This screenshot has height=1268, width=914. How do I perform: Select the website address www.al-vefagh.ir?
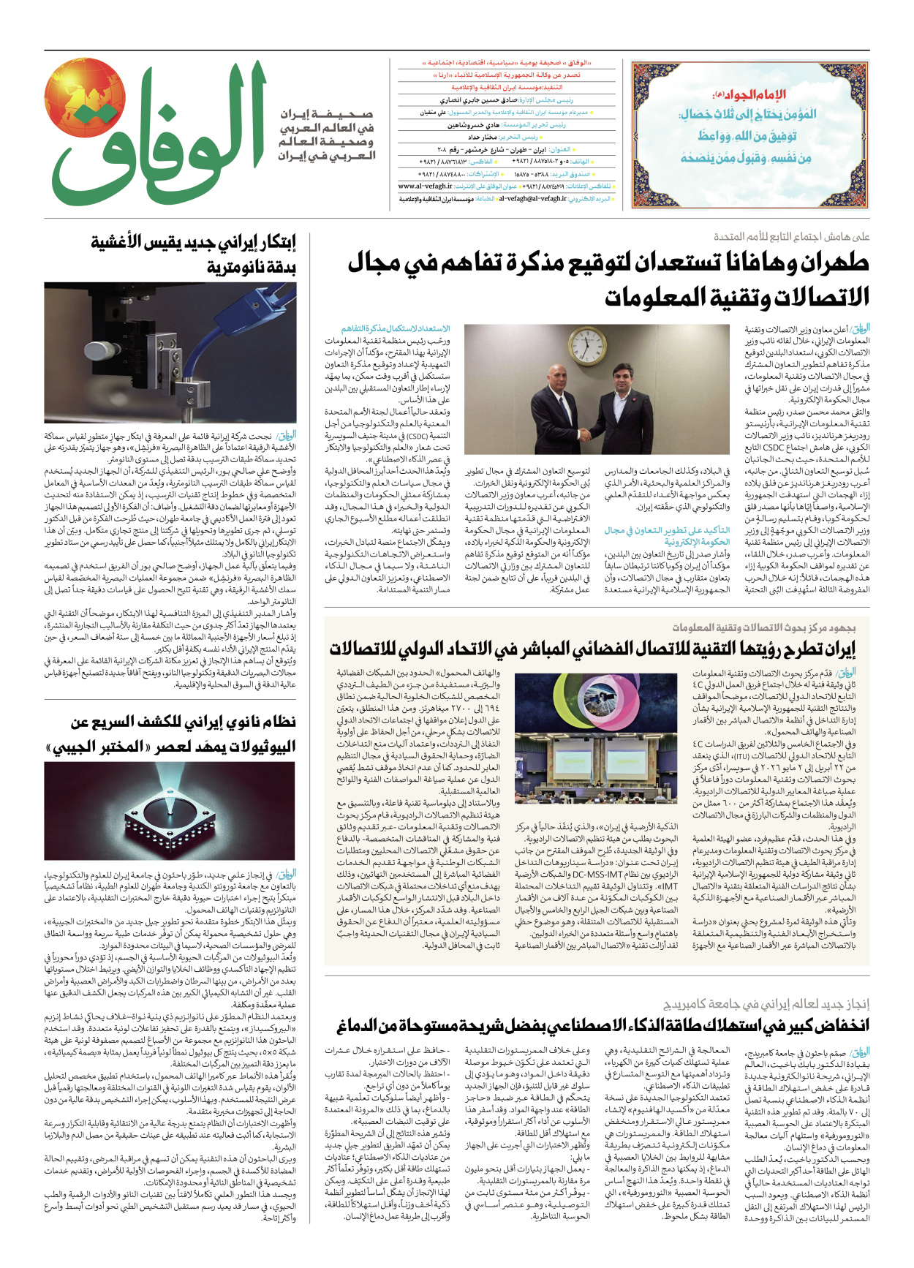(x=425, y=186)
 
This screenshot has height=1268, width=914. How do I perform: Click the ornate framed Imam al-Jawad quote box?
(x=749, y=135)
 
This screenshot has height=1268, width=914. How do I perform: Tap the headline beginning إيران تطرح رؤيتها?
(x=592, y=649)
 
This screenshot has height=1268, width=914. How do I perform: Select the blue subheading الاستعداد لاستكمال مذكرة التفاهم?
(x=396, y=329)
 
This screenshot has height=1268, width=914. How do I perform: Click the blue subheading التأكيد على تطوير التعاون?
(x=667, y=536)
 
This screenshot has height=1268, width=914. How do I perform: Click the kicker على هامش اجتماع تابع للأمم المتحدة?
(x=791, y=236)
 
